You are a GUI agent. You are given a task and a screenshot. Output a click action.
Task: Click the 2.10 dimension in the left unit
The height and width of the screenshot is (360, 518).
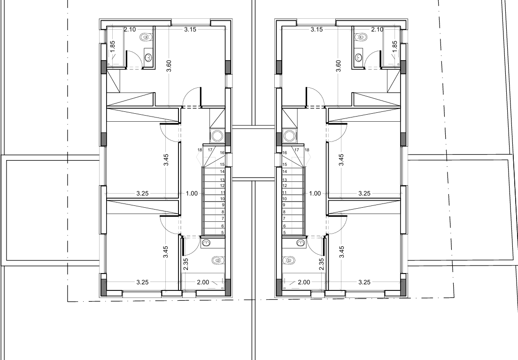(130, 30)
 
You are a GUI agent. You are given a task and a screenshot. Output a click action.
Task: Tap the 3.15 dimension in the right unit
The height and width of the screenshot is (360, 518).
(317, 30)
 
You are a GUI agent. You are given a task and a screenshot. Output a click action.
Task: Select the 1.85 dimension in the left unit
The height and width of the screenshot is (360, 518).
(112, 46)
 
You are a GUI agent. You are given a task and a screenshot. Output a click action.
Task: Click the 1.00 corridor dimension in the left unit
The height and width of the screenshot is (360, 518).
(192, 193)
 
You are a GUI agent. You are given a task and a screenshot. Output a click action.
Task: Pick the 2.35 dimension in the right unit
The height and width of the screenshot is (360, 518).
(321, 255)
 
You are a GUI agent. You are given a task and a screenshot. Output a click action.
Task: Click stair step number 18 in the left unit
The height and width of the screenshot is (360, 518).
(200, 150)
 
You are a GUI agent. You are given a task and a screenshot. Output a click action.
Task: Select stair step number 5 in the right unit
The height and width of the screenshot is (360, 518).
(284, 232)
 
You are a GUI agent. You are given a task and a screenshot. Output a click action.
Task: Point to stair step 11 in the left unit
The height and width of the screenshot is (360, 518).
(223, 192)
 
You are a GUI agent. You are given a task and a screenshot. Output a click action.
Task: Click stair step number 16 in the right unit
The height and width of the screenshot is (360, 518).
(285, 153)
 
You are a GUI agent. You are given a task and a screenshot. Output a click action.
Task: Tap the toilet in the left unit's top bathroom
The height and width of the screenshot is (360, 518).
(146, 37)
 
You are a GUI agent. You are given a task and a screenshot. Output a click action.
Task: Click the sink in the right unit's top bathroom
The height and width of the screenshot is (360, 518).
(359, 57)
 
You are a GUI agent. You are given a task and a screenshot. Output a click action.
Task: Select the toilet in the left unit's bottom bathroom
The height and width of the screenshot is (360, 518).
(216, 260)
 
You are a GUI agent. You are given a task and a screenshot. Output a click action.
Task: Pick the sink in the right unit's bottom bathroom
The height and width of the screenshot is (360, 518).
(300, 243)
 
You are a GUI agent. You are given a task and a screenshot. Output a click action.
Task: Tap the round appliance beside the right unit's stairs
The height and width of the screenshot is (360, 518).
(289, 136)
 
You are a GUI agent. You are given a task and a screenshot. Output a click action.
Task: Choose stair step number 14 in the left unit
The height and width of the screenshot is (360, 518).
(222, 172)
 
